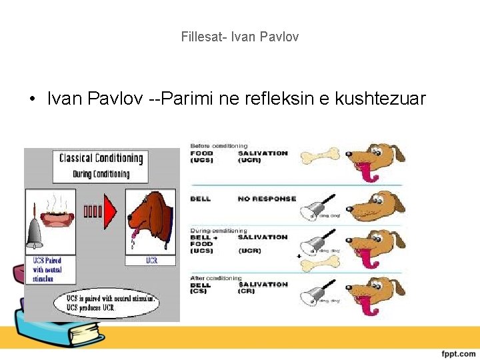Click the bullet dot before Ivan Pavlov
(x=32, y=100)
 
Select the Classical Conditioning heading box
(x=101, y=159)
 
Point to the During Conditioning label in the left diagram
(x=101, y=174)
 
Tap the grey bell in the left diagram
(x=35, y=233)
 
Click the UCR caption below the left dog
(x=152, y=260)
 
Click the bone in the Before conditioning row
(x=319, y=157)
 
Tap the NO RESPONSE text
(x=267, y=199)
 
